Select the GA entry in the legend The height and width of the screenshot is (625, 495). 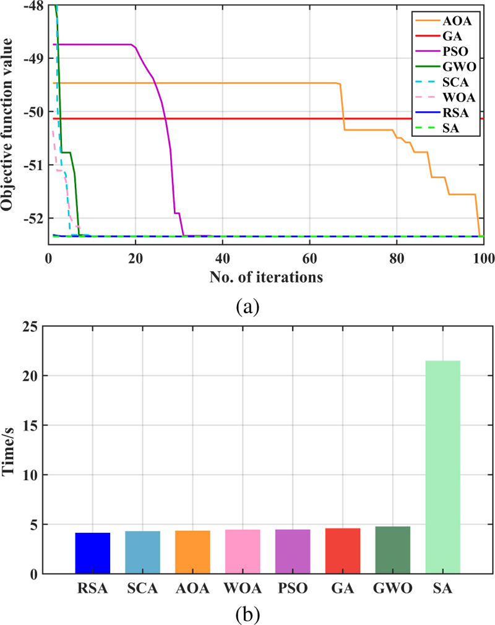(458, 37)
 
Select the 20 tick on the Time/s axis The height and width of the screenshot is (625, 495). (34, 376)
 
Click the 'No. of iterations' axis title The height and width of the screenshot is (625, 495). (265, 277)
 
